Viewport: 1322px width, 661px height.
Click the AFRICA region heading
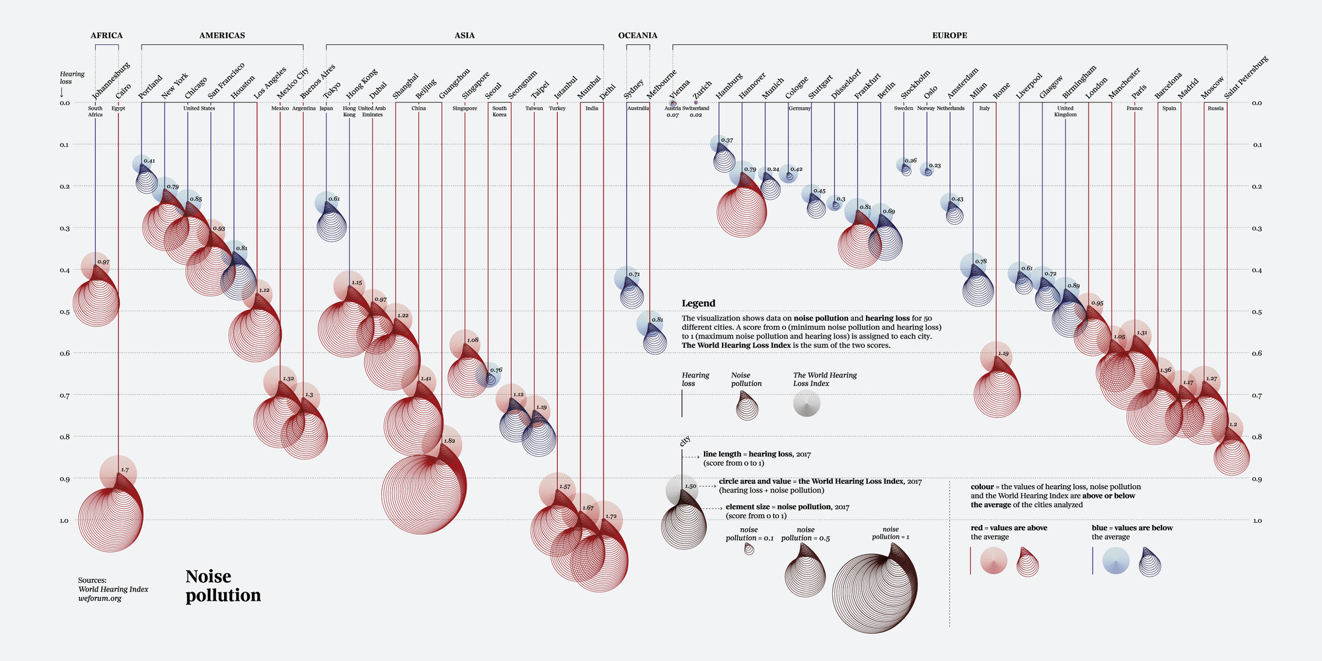pyautogui.click(x=106, y=35)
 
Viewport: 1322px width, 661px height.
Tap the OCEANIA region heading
pyautogui.click(x=637, y=35)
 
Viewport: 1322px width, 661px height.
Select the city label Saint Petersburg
pyautogui.click(x=1247, y=77)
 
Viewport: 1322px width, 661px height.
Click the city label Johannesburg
pyautogui.click(x=111, y=81)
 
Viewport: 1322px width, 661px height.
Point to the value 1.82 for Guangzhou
pyautogui.click(x=449, y=441)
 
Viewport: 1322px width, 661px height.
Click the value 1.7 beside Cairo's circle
pyautogui.click(x=124, y=471)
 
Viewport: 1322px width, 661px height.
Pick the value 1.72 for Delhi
pyautogui.click(x=611, y=516)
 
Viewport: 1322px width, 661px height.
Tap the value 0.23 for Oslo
pyautogui.click(x=935, y=166)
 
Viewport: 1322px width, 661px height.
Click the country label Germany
pyautogui.click(x=799, y=108)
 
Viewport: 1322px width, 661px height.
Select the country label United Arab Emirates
pyautogui.click(x=371, y=111)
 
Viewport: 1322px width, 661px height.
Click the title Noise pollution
pyautogui.click(x=223, y=586)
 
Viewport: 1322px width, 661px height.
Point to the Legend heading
pyautogui.click(x=698, y=303)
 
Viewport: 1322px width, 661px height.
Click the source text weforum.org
pyautogui.click(x=100, y=598)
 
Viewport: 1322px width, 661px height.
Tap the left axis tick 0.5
pyautogui.click(x=65, y=311)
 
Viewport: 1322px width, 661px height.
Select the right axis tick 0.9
pyautogui.click(x=1257, y=479)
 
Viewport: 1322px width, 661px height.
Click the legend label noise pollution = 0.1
pyautogui.click(x=749, y=533)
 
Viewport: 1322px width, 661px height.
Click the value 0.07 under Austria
pyautogui.click(x=672, y=115)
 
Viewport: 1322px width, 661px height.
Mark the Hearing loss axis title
pyautogui.click(x=71, y=78)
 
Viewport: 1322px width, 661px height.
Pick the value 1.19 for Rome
pyautogui.click(x=1003, y=354)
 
